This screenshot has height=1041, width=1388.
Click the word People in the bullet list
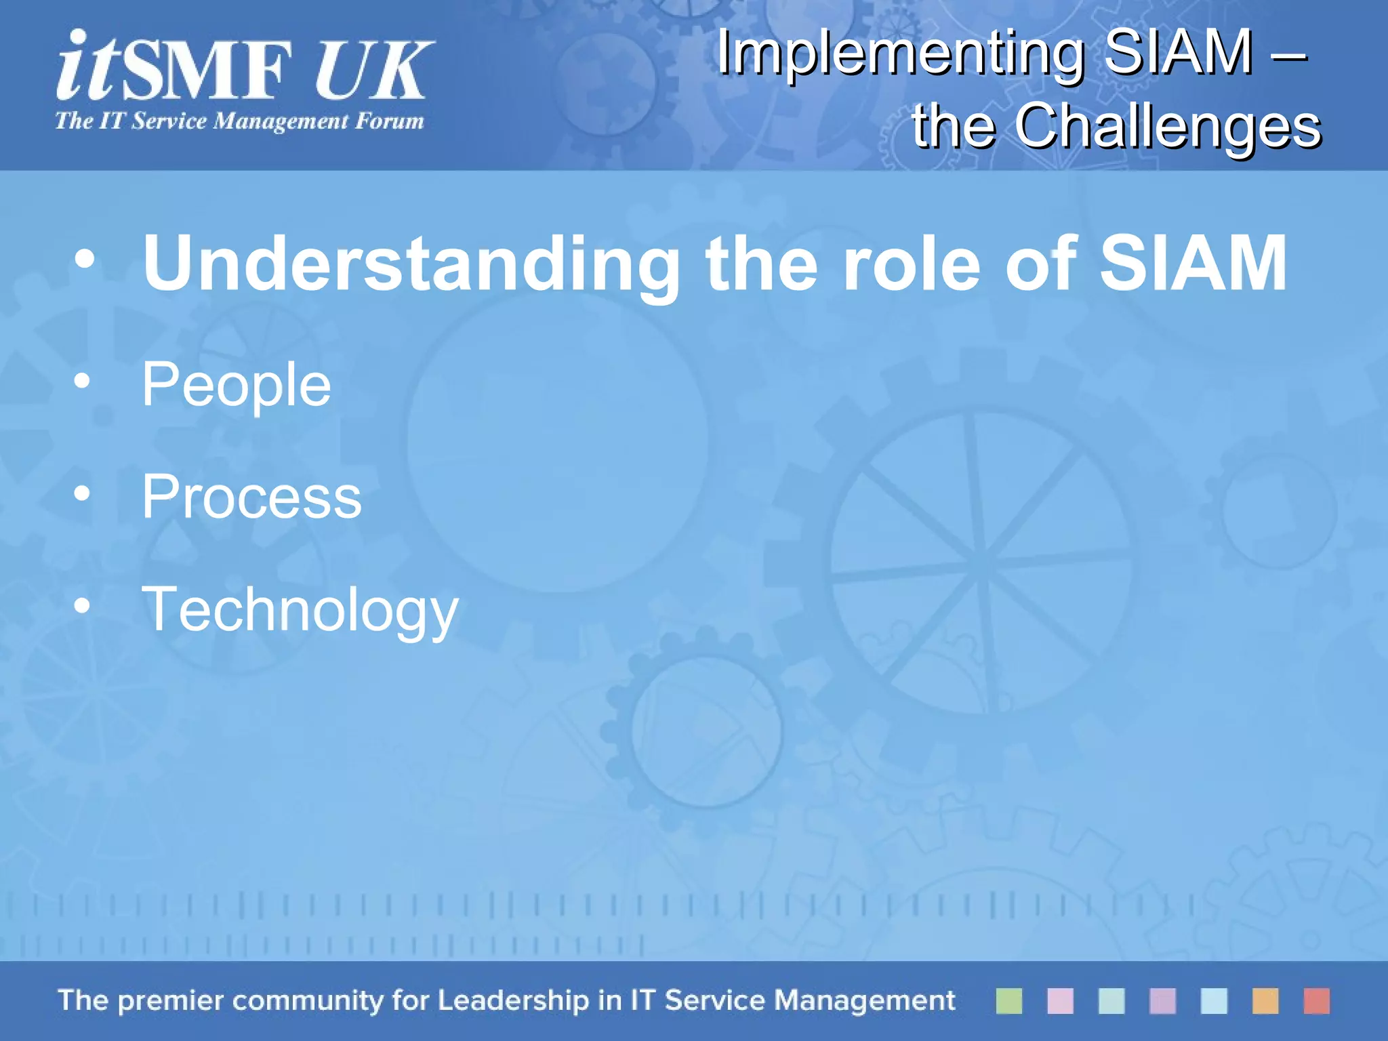click(x=236, y=385)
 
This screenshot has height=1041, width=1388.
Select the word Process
click(x=251, y=497)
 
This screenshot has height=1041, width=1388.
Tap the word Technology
click(x=300, y=610)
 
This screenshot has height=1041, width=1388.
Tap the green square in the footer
click(x=1008, y=1001)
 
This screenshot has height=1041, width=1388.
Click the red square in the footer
click(x=1316, y=1001)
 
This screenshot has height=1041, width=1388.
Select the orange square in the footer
click(x=1265, y=1001)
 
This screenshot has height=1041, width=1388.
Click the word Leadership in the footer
click(x=513, y=1000)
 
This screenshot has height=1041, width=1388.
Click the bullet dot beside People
click(x=82, y=382)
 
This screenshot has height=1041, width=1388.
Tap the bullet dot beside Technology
click(x=82, y=607)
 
